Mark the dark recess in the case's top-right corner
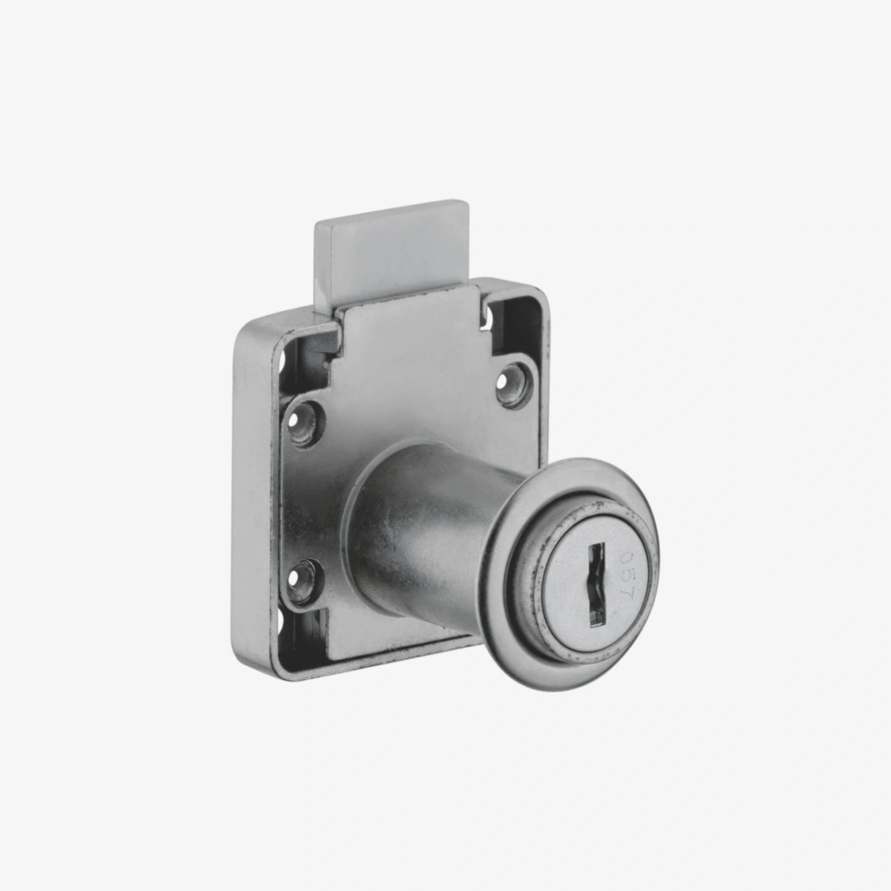(513, 318)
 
